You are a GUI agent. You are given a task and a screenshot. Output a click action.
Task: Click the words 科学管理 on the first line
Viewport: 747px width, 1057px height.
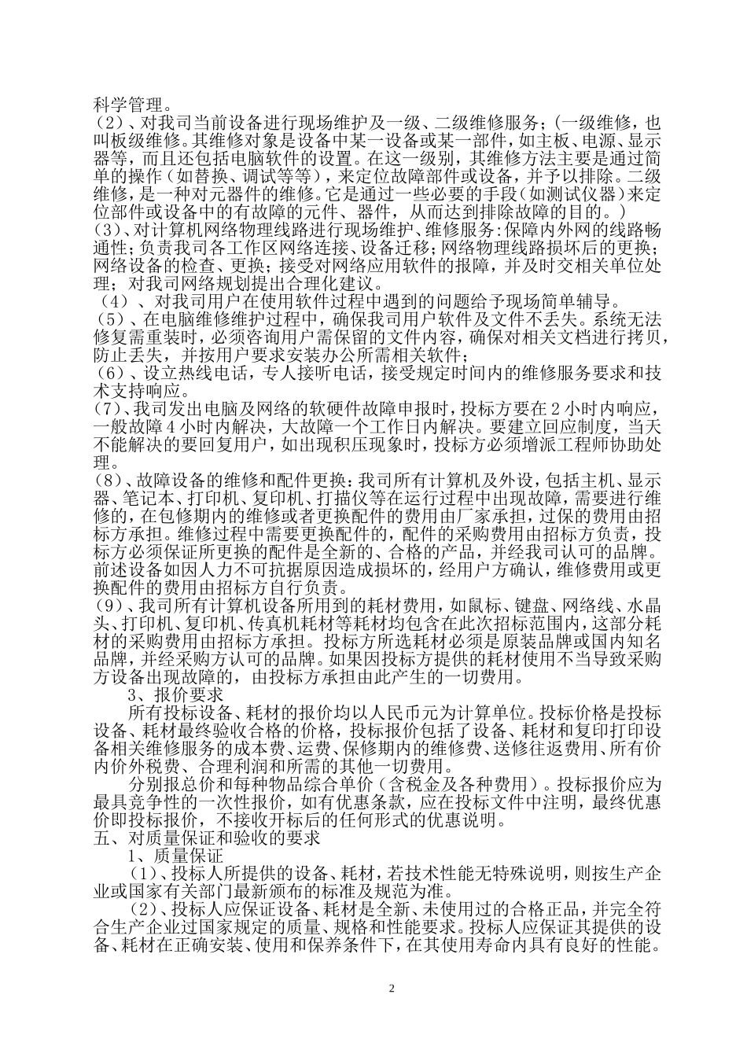(126, 104)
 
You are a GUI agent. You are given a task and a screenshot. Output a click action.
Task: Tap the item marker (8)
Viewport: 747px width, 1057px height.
(109, 479)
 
